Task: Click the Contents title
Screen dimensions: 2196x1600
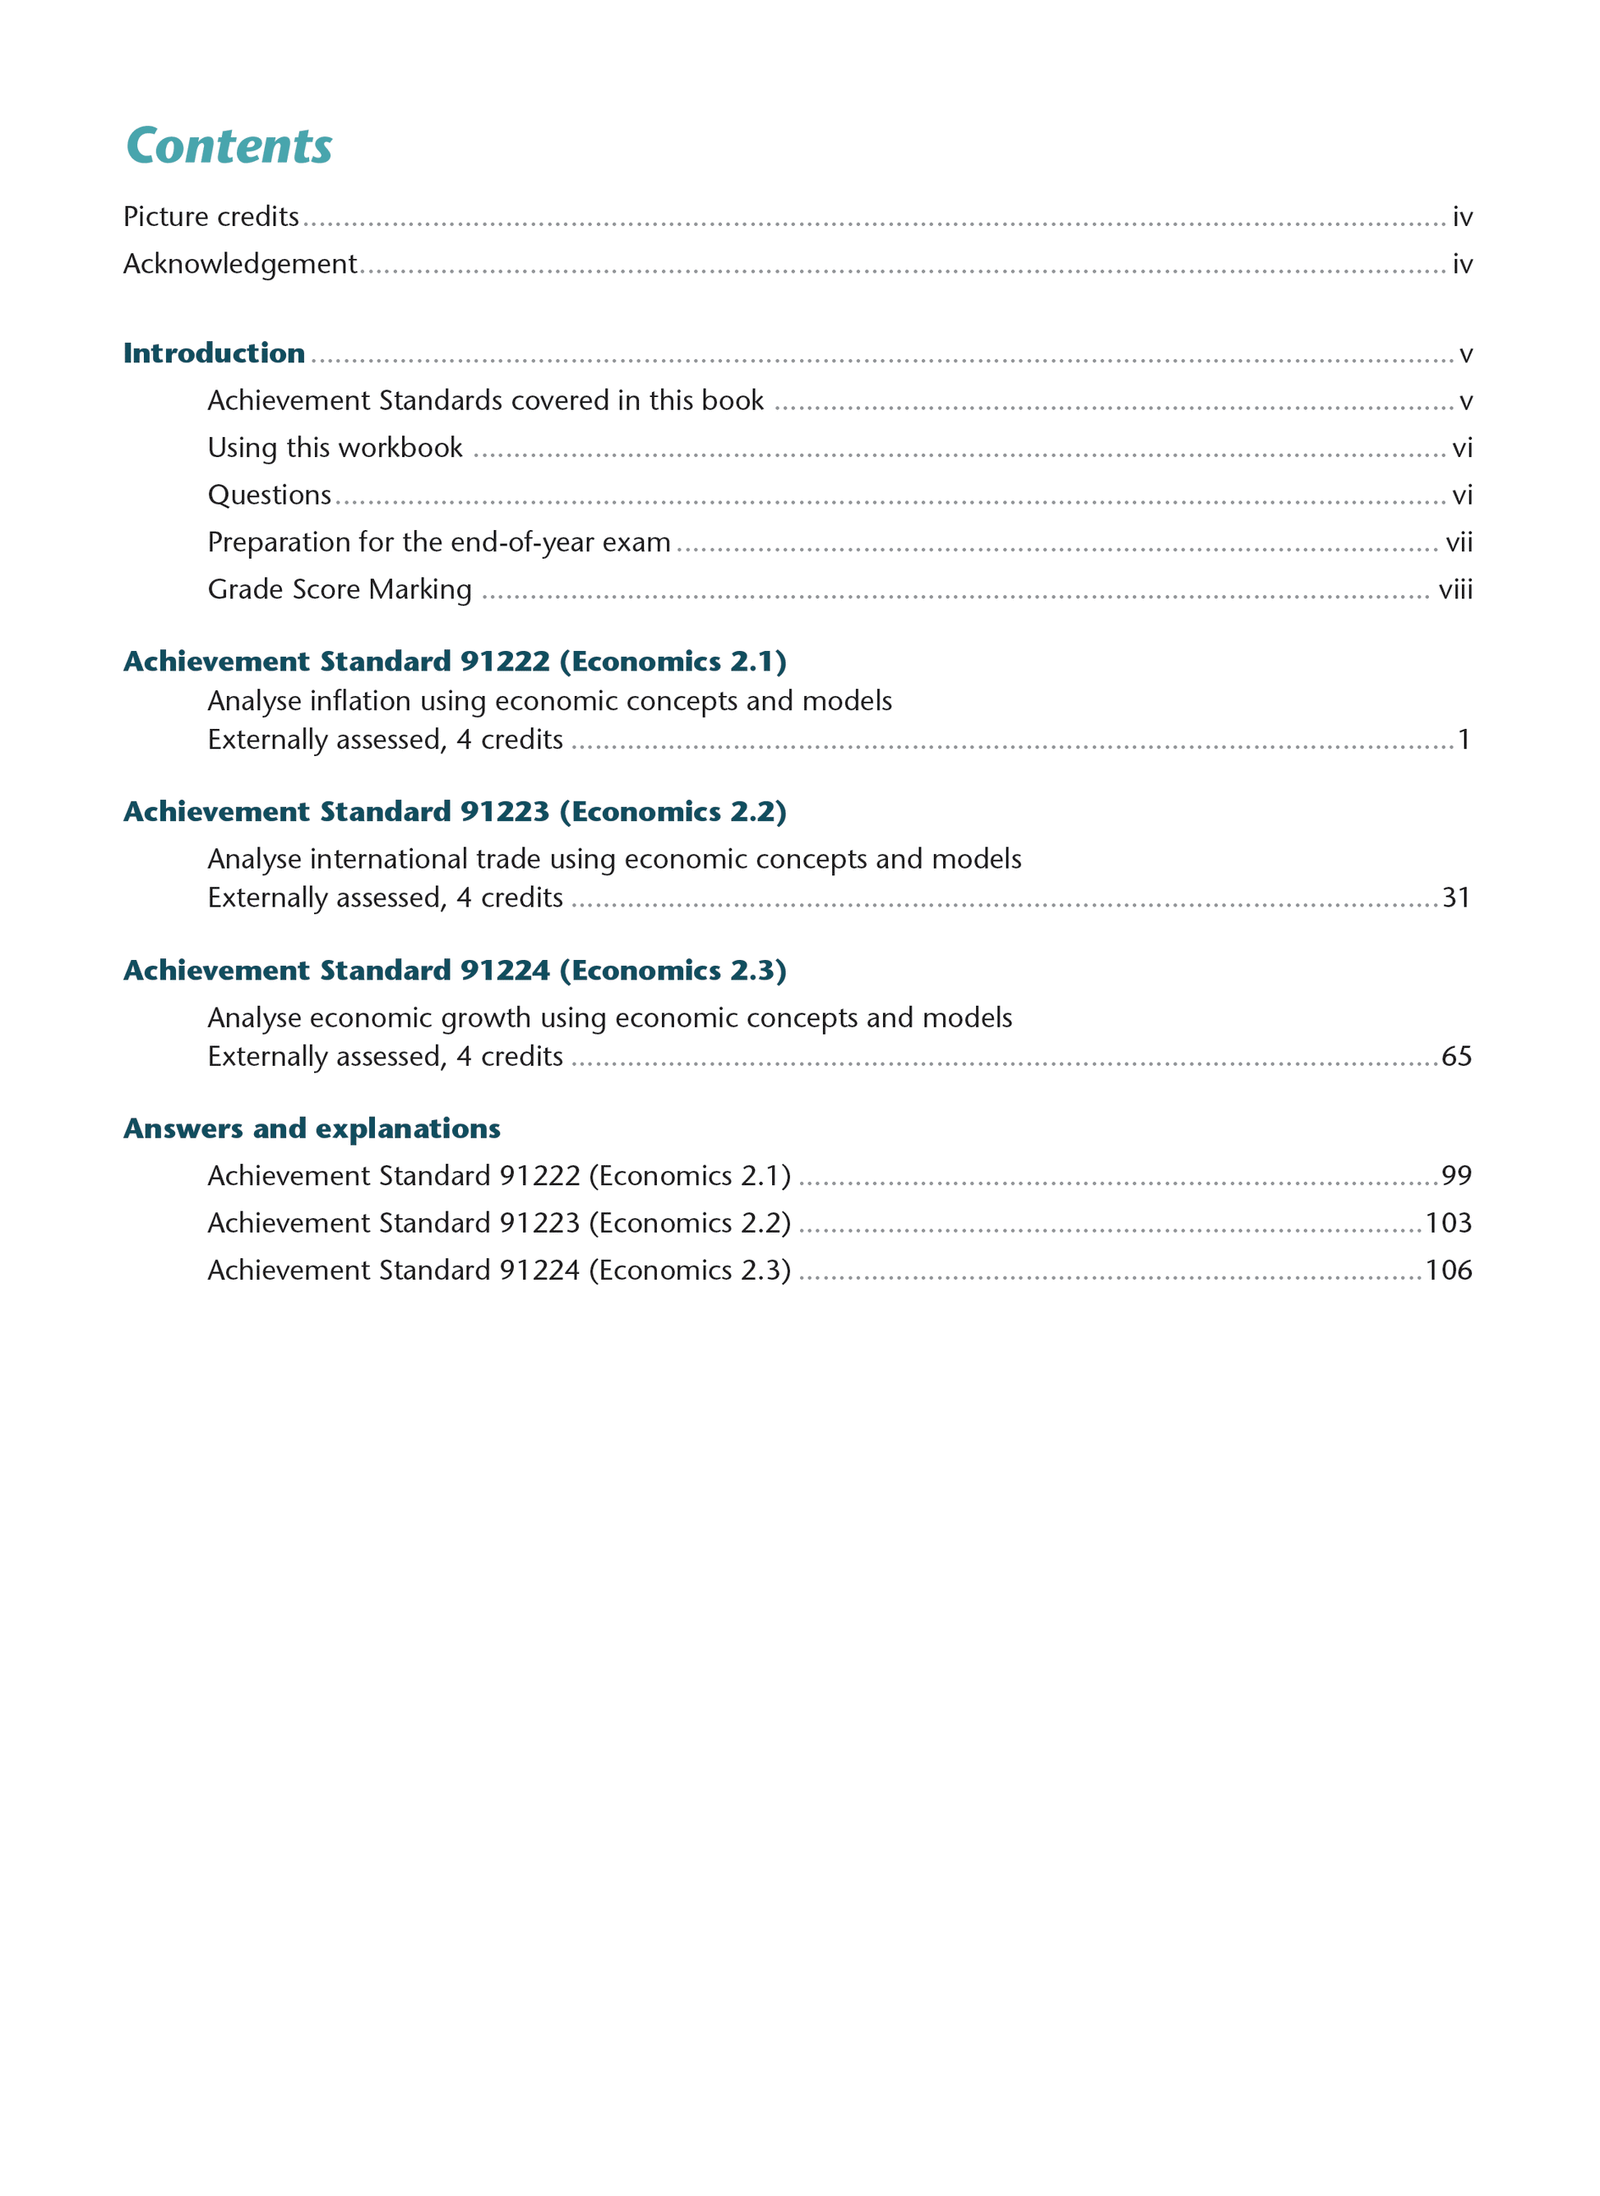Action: pyautogui.click(x=229, y=146)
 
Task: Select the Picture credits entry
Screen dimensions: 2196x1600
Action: pyautogui.click(x=211, y=217)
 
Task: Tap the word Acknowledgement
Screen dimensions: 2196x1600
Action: pyautogui.click(x=240, y=265)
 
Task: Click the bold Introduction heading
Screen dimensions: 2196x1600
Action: pyautogui.click(x=214, y=353)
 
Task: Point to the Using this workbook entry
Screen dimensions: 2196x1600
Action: pyautogui.click(x=335, y=447)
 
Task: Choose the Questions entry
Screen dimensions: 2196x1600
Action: pyautogui.click(x=269, y=495)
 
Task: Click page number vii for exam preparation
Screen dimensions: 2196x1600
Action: pyautogui.click(x=1458, y=542)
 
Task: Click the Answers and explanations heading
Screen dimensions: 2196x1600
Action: pyautogui.click(x=312, y=1129)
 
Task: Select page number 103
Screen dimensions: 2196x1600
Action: pyautogui.click(x=1448, y=1223)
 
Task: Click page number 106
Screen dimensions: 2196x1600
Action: pyautogui.click(x=1448, y=1271)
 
